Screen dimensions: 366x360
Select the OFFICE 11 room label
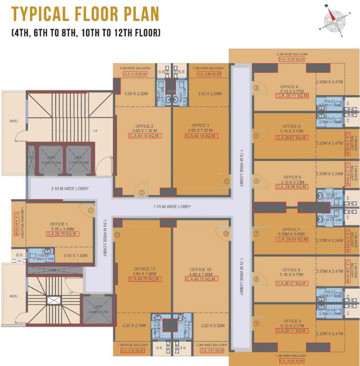[x=143, y=269]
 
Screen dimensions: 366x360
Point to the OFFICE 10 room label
[x=200, y=269]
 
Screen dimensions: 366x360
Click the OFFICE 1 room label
[x=59, y=224]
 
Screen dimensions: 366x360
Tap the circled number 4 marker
[x=256, y=88]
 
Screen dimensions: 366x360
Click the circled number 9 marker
[x=256, y=324]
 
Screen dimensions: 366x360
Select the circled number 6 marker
[x=256, y=181]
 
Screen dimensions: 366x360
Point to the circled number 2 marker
[x=141, y=193]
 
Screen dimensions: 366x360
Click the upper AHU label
[x=14, y=121]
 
